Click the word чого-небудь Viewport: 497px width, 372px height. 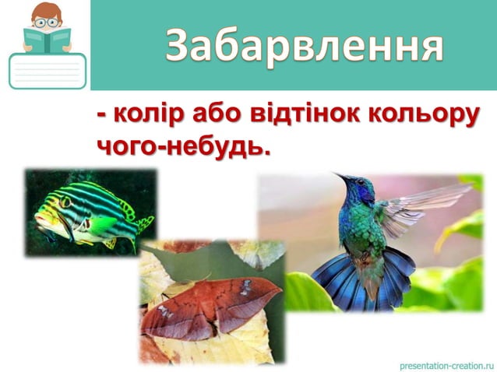184,146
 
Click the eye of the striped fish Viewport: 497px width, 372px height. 66,203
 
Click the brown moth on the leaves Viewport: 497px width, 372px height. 210,307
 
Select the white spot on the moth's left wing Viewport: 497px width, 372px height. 165,311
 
